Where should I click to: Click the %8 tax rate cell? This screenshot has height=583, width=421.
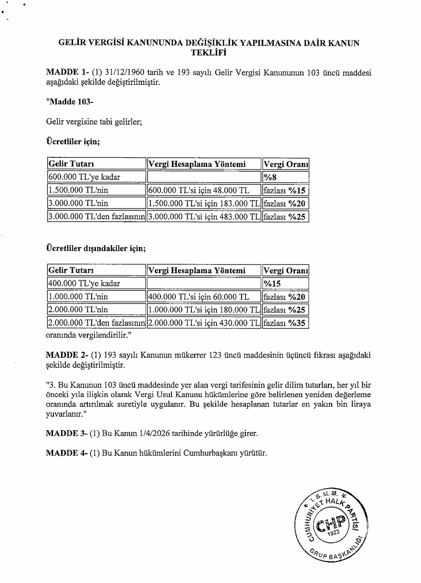[270, 177]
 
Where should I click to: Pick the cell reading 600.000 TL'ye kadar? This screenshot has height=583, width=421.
[84, 177]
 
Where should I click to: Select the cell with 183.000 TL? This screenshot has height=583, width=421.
[204, 204]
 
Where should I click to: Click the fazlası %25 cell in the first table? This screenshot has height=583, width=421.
[285, 217]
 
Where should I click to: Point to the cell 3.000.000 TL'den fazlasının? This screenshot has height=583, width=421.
[96, 217]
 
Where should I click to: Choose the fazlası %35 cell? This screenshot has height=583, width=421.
[285, 323]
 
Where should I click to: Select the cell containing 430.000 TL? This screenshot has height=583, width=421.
[204, 323]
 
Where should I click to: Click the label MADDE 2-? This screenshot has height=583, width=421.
[63, 356]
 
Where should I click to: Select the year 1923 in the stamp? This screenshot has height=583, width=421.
[333, 532]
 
